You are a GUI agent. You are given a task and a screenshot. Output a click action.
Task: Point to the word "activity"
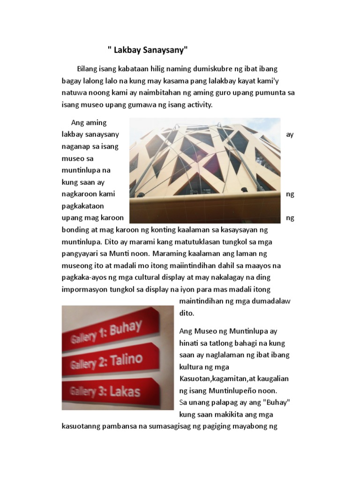(x=198, y=105)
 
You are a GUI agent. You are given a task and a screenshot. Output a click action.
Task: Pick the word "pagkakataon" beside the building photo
(x=83, y=206)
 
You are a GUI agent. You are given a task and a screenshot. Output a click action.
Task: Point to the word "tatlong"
(x=218, y=343)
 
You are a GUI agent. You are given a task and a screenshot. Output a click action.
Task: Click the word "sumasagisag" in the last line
(x=181, y=427)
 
